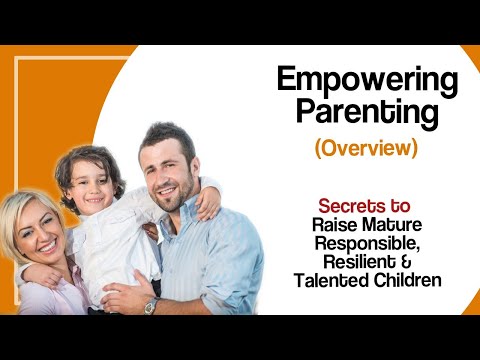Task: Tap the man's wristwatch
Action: (152, 305)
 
